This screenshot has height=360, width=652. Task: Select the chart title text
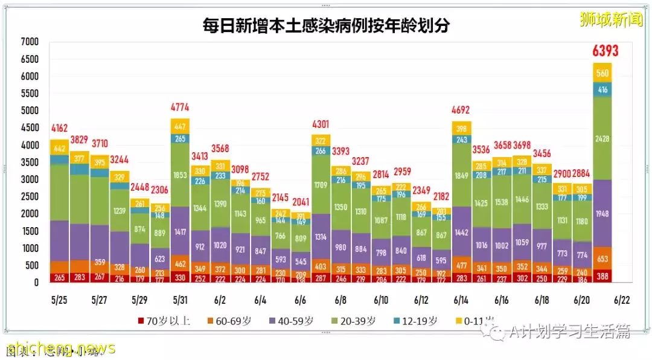[x=326, y=25]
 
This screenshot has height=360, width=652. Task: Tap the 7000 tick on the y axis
[x=29, y=42]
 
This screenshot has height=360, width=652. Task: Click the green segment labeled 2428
[x=602, y=138]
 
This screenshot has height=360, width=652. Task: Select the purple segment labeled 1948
[x=602, y=213]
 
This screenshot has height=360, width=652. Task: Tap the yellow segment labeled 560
[x=602, y=73]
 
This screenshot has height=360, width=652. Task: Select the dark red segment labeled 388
[x=602, y=276]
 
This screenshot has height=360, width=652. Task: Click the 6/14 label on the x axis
[x=461, y=300]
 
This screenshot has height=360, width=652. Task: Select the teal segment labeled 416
[x=602, y=89]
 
